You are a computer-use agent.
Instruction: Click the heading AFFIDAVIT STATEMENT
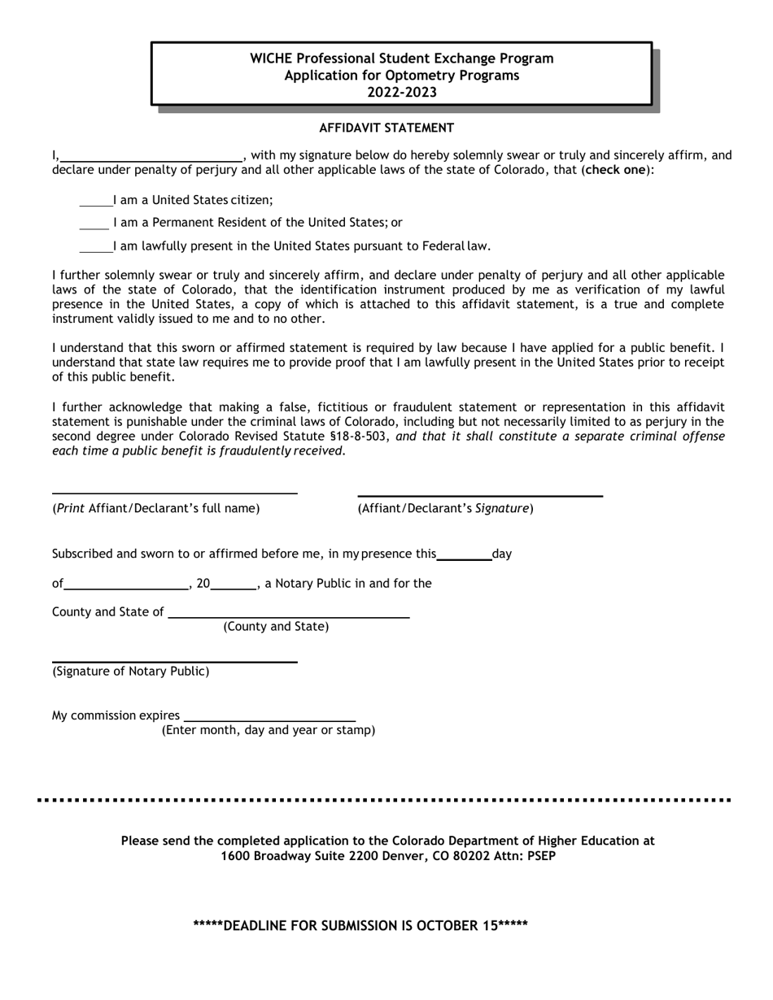(x=386, y=128)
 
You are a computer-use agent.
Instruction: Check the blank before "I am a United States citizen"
(x=95, y=201)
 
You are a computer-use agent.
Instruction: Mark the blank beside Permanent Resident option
(x=94, y=224)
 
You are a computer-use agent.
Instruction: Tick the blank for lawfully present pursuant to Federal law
(x=95, y=247)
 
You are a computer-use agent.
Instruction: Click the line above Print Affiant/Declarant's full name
(x=174, y=492)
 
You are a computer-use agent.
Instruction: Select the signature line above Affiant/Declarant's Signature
(x=480, y=494)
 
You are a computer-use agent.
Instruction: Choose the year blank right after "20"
(x=234, y=585)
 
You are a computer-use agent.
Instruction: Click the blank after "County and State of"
(x=288, y=615)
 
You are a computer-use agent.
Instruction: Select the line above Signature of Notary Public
(x=174, y=661)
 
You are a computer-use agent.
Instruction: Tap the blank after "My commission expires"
(x=269, y=719)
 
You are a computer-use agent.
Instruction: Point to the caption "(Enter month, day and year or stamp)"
(x=269, y=730)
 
